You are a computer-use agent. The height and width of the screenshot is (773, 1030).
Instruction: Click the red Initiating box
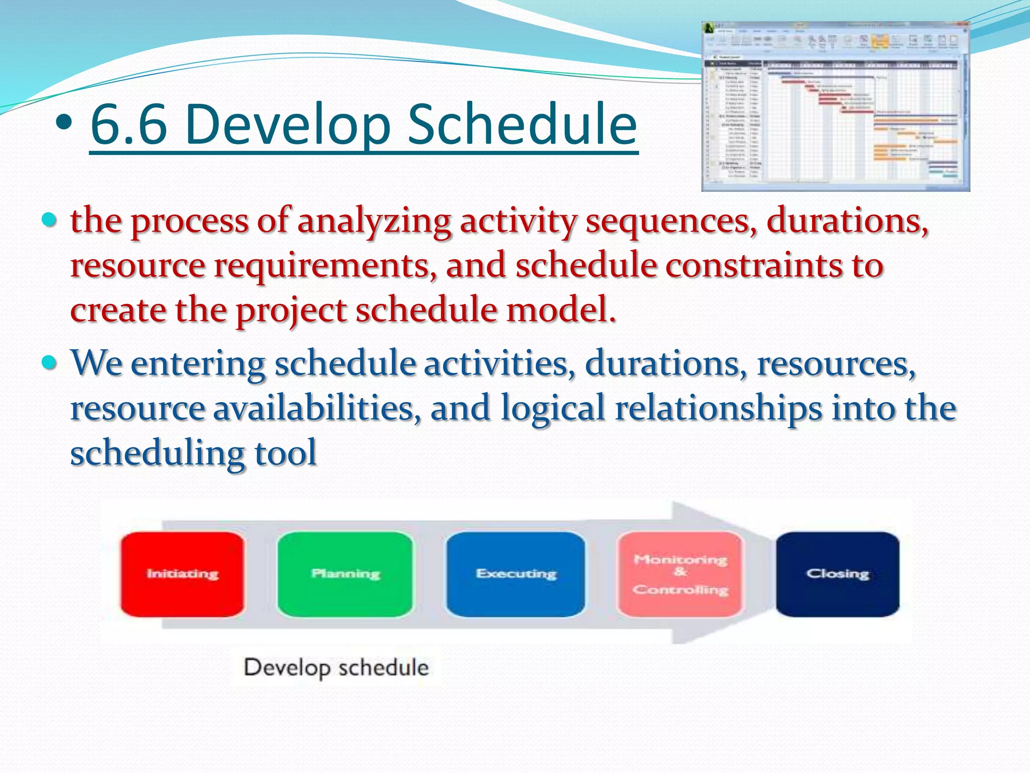[182, 574]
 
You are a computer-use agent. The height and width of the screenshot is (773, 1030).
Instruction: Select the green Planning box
[345, 574]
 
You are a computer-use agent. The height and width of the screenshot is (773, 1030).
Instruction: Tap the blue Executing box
[516, 574]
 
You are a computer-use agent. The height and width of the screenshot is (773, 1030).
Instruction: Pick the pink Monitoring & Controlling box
[680, 574]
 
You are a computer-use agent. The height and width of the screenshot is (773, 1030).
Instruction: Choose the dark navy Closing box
[837, 574]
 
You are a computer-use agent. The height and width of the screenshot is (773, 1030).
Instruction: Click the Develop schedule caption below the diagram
[336, 668]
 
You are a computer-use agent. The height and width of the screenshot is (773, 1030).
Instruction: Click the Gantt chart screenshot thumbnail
[835, 107]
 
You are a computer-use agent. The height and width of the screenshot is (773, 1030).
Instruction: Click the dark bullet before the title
[65, 122]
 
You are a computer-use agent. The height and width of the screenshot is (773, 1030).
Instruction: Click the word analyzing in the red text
[374, 221]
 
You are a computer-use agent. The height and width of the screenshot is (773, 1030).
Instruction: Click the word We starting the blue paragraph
[96, 363]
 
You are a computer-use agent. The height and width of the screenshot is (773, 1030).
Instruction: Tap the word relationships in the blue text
[719, 408]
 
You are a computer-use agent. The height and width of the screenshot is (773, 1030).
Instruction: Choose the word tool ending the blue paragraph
[285, 452]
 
